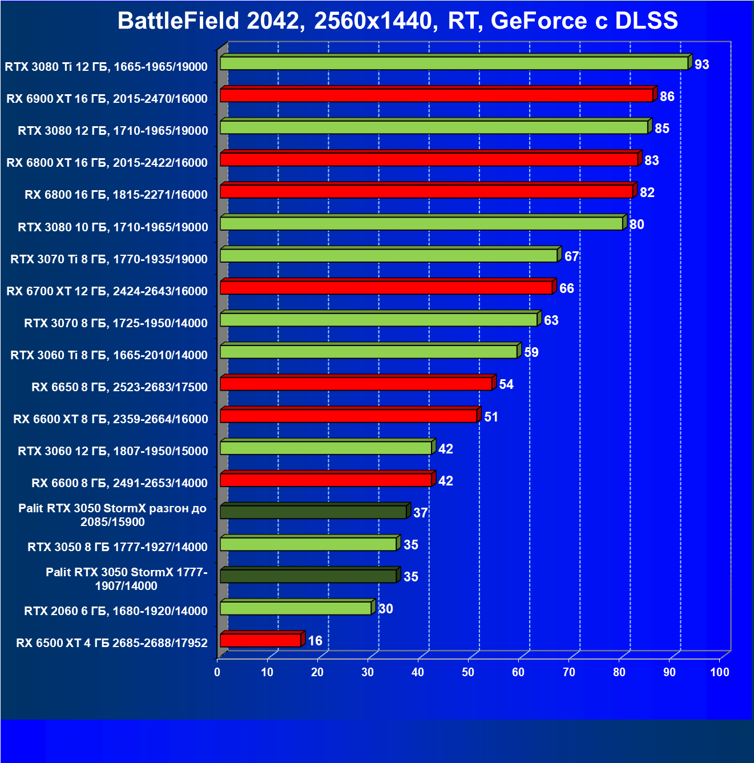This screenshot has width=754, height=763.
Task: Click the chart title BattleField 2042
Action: point(397,21)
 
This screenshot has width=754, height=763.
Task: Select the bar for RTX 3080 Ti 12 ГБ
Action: point(454,63)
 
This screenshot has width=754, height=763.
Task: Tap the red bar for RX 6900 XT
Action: point(437,95)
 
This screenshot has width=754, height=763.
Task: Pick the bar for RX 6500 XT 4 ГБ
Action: point(260,640)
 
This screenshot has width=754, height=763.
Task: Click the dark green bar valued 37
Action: point(313,512)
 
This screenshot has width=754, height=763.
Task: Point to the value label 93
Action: point(701,65)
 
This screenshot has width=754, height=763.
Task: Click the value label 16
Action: point(315,641)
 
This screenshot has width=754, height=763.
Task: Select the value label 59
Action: point(531,352)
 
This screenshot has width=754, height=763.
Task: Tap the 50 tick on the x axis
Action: point(468,672)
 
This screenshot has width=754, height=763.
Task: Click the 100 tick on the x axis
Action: point(719,672)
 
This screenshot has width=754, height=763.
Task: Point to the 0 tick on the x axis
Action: point(217,672)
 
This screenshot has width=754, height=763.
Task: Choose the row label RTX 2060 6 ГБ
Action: point(116,611)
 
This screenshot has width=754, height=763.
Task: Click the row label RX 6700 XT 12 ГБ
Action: point(107,291)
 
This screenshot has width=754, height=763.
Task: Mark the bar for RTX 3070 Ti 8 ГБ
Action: point(389,255)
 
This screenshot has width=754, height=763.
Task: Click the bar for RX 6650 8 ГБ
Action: point(356,383)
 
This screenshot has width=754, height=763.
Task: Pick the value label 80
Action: point(636,224)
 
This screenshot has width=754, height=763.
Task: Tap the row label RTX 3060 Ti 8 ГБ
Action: point(109,355)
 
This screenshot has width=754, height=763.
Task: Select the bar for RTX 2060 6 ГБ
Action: point(296,608)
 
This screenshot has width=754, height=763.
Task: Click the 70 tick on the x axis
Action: point(569,672)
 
